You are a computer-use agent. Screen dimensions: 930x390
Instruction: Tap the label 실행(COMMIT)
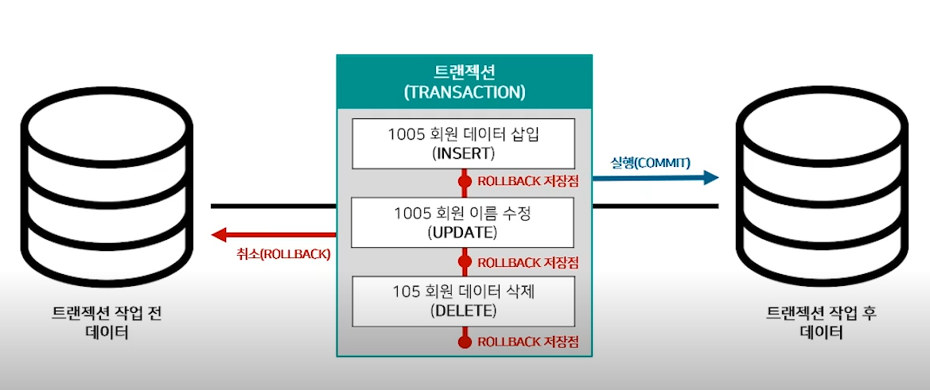(650, 163)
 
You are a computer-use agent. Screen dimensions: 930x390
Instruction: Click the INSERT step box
(464, 143)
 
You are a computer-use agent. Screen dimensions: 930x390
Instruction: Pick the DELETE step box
(464, 300)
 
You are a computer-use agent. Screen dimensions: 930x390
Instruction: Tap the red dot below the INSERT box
(464, 181)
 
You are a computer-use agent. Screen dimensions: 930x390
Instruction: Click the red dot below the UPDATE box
(464, 261)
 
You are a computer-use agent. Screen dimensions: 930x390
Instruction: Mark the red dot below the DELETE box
(464, 342)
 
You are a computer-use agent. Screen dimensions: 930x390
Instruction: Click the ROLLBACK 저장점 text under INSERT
(527, 181)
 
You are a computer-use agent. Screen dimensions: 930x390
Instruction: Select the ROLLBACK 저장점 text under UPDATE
(527, 262)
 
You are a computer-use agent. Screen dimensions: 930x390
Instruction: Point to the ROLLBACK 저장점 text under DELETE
(527, 342)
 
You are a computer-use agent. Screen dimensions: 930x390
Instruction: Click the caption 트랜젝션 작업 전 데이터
(107, 322)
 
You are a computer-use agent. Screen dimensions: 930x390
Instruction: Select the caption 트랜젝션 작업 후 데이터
(819, 322)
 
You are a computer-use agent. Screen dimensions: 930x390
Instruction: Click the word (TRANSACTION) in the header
(464, 91)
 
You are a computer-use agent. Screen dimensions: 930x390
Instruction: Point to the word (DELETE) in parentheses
(464, 310)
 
